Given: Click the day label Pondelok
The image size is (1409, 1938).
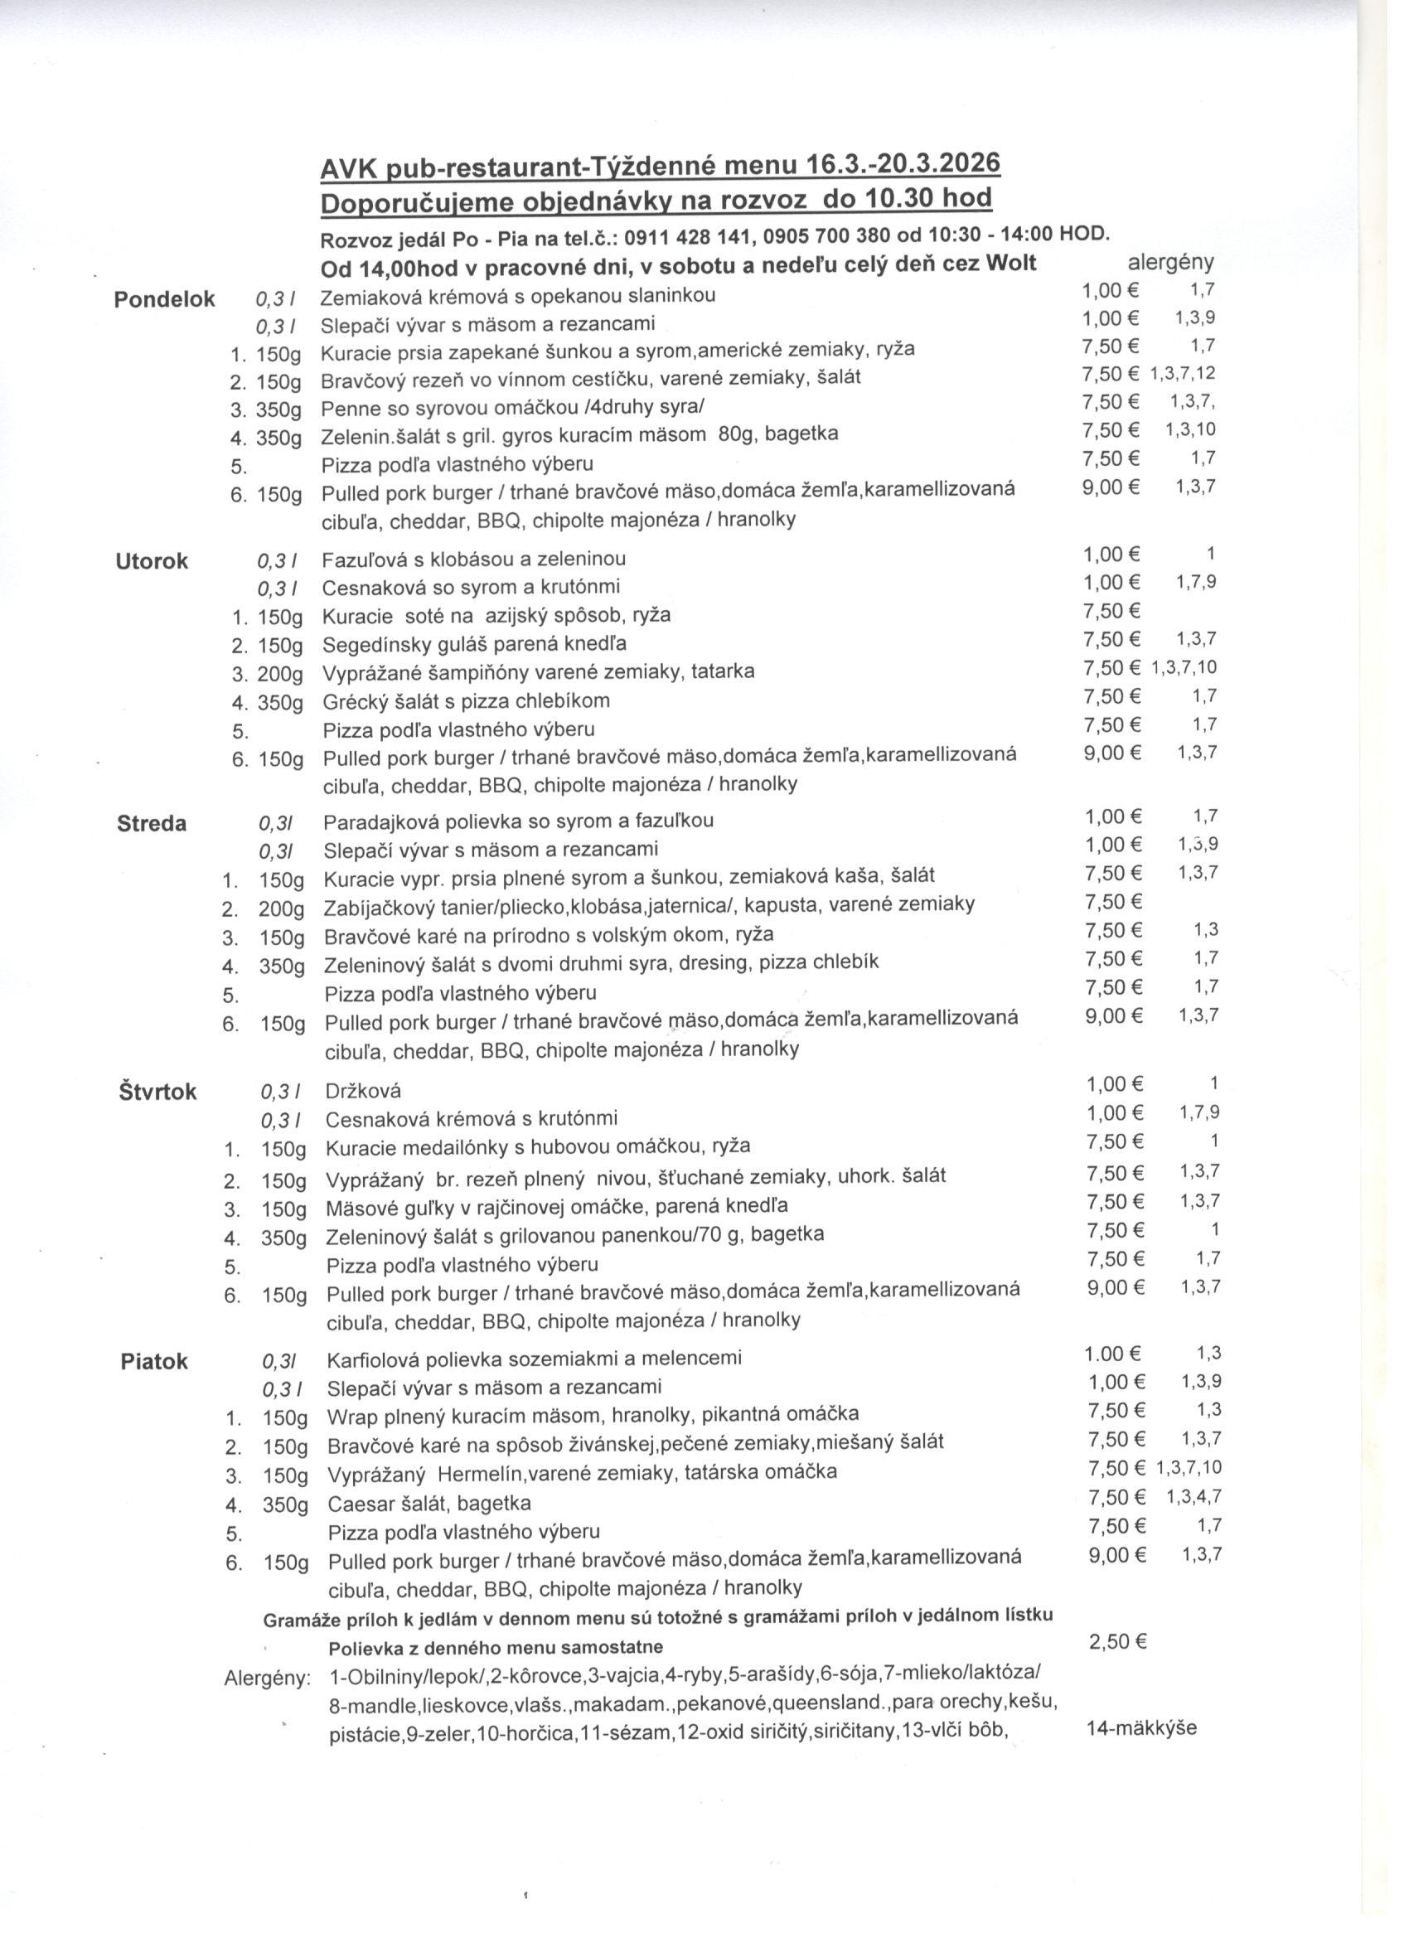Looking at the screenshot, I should (164, 300).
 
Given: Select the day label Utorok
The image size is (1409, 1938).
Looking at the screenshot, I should (153, 562).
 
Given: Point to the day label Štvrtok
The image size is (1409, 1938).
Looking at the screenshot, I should (157, 1093).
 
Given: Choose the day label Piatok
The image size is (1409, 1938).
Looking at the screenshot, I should (154, 1362).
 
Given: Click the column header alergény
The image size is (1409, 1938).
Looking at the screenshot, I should (1170, 264).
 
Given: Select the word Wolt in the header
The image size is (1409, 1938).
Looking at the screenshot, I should (1011, 264).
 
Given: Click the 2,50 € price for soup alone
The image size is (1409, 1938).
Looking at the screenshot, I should (1116, 1642).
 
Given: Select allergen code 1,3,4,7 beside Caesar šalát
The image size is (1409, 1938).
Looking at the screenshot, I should (1194, 1497).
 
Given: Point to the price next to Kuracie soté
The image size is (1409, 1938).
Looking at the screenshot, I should (1111, 611).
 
